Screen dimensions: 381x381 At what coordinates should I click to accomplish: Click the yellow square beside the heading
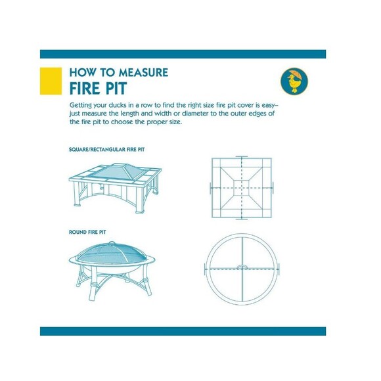[51, 81]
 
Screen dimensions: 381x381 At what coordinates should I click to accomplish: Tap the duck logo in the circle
[294, 81]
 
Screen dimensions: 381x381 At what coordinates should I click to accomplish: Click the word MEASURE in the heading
[143, 72]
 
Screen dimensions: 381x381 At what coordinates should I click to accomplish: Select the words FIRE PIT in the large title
[98, 88]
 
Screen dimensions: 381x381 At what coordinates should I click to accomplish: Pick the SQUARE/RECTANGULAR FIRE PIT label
[106, 149]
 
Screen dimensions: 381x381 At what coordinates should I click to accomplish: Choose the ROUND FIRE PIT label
[87, 232]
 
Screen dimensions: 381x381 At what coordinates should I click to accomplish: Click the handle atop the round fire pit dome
[112, 243]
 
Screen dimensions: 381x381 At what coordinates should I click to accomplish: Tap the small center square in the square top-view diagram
[242, 188]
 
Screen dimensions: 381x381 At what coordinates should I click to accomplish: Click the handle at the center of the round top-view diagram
[242, 267]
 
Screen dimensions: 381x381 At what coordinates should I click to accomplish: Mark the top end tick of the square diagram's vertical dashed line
[242, 157]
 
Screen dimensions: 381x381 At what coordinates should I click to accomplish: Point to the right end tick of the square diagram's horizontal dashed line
[273, 188]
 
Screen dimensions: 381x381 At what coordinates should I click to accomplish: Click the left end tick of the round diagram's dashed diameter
[206, 269]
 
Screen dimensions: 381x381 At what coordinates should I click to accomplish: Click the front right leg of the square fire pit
[139, 200]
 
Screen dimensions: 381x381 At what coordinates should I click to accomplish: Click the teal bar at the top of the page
[183, 54]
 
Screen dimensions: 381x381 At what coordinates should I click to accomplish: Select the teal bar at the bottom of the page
[183, 331]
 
